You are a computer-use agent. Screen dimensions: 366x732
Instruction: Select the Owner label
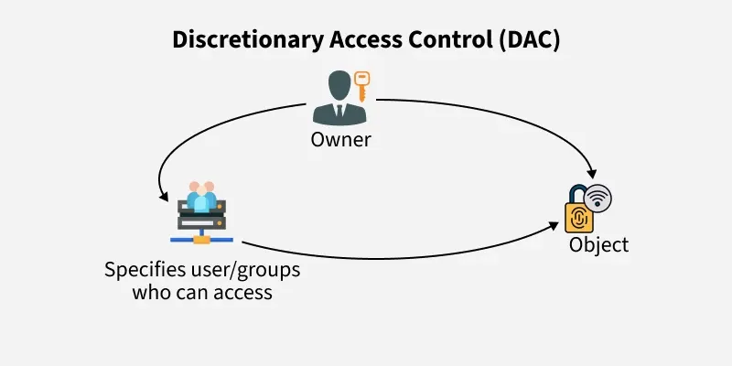click(x=340, y=140)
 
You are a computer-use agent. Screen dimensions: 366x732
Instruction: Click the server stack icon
click(x=200, y=218)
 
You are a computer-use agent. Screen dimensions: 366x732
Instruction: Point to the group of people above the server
click(x=201, y=195)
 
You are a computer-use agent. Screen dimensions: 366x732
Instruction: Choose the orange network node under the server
click(x=201, y=239)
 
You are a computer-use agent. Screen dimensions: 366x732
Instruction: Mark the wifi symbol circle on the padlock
click(x=597, y=197)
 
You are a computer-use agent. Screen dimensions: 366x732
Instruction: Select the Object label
click(x=598, y=245)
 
